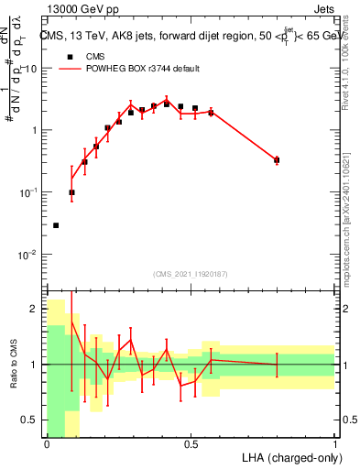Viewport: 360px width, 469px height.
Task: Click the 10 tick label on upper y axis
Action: point(30,69)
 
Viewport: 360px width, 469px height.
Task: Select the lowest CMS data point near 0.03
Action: point(56,225)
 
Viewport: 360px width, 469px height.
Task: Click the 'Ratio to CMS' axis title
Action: point(13,364)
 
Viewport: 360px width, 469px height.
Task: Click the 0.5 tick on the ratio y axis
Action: point(32,420)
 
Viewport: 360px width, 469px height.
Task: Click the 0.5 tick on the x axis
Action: point(191,444)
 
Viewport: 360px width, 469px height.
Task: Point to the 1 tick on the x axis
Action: point(335,444)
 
